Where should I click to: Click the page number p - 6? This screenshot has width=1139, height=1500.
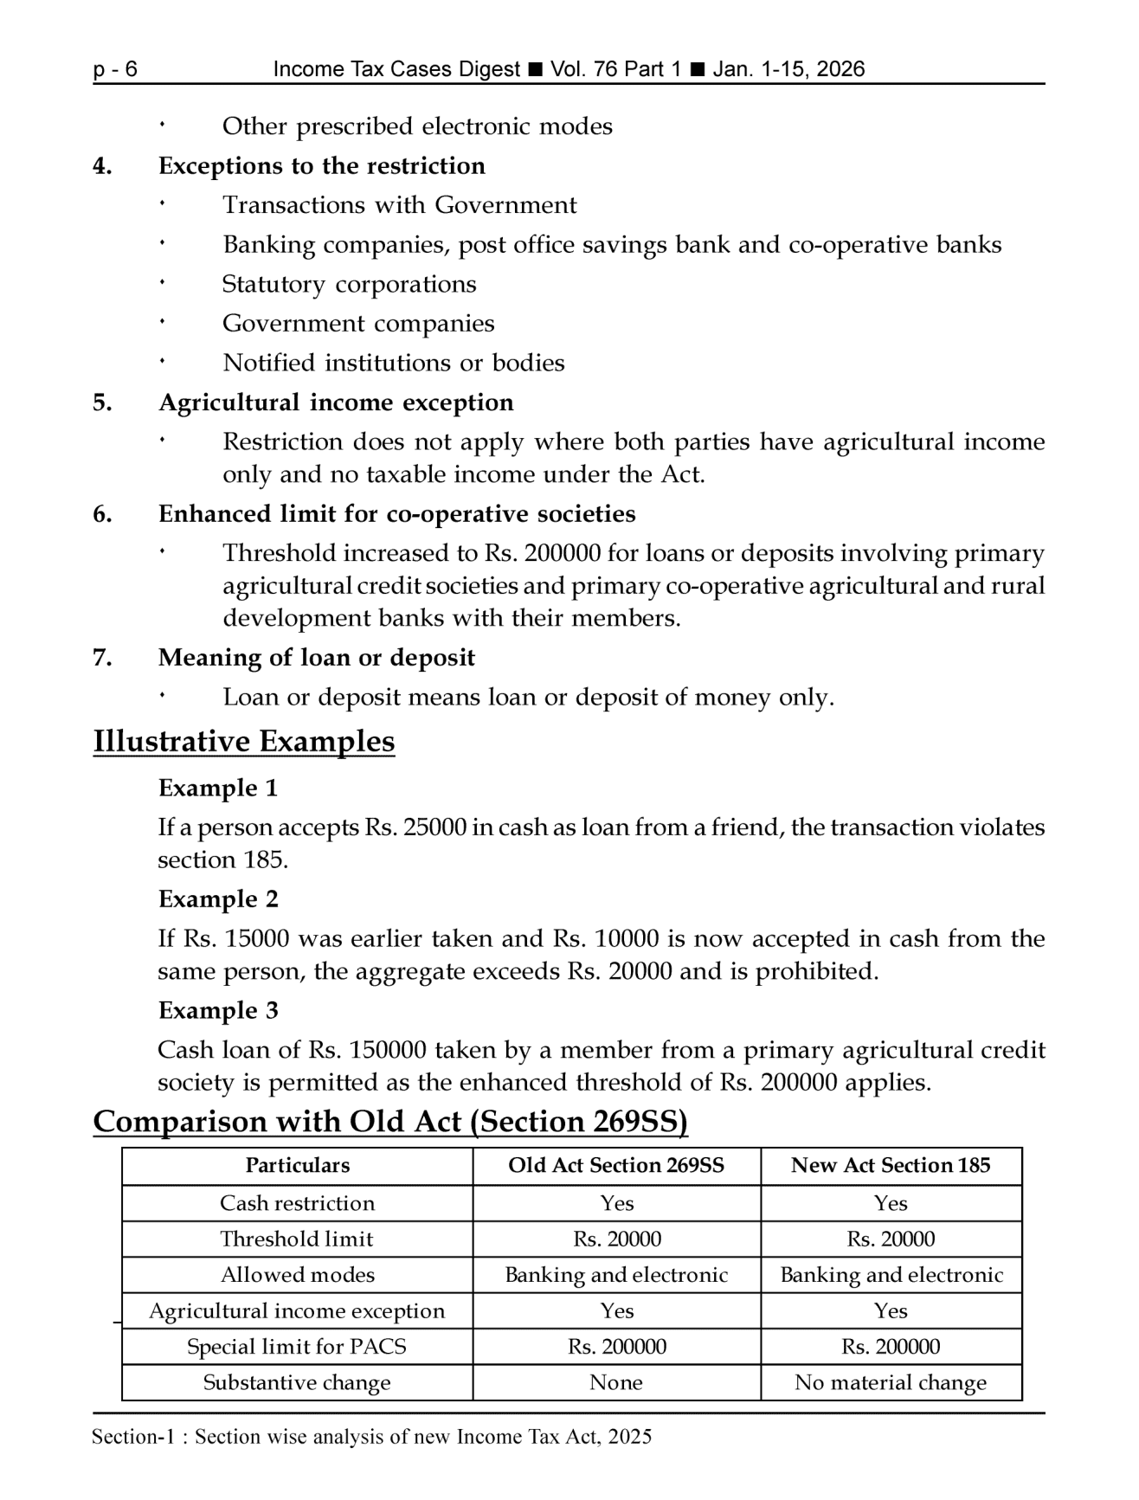[115, 70]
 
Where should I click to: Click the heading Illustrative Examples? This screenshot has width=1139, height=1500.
[243, 742]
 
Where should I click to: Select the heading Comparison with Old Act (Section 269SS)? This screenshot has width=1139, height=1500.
[390, 1122]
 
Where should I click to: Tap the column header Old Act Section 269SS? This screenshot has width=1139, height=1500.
[616, 1166]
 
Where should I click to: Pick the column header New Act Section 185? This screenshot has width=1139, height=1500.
[891, 1166]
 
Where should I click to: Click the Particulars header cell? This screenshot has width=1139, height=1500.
[297, 1166]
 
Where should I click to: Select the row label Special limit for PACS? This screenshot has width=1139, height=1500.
[297, 1347]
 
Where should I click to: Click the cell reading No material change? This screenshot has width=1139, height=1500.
[891, 1383]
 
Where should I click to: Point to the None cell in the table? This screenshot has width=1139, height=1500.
[616, 1383]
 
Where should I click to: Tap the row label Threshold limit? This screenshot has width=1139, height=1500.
[297, 1239]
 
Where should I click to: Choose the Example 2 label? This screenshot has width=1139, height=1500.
[218, 899]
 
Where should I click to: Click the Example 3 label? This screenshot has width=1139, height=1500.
[218, 1011]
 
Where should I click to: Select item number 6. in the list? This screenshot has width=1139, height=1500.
[102, 514]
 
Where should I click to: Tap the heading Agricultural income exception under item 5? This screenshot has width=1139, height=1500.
[336, 402]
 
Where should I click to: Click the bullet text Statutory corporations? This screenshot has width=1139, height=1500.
[349, 284]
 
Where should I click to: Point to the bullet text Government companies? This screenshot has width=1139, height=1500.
[358, 324]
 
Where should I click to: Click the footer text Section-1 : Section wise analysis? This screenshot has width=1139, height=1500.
[371, 1438]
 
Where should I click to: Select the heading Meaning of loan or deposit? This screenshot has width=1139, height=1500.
[317, 658]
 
